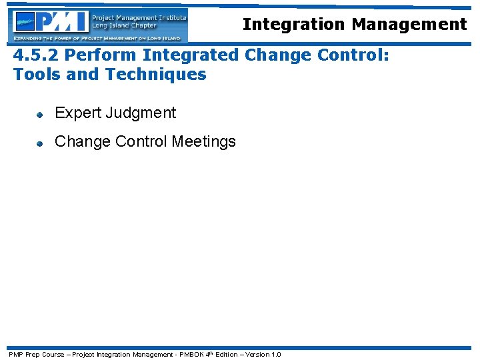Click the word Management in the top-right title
[x=409, y=25]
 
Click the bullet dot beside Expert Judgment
[x=40, y=115]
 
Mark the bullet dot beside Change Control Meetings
[x=40, y=143]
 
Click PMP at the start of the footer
[x=15, y=354]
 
